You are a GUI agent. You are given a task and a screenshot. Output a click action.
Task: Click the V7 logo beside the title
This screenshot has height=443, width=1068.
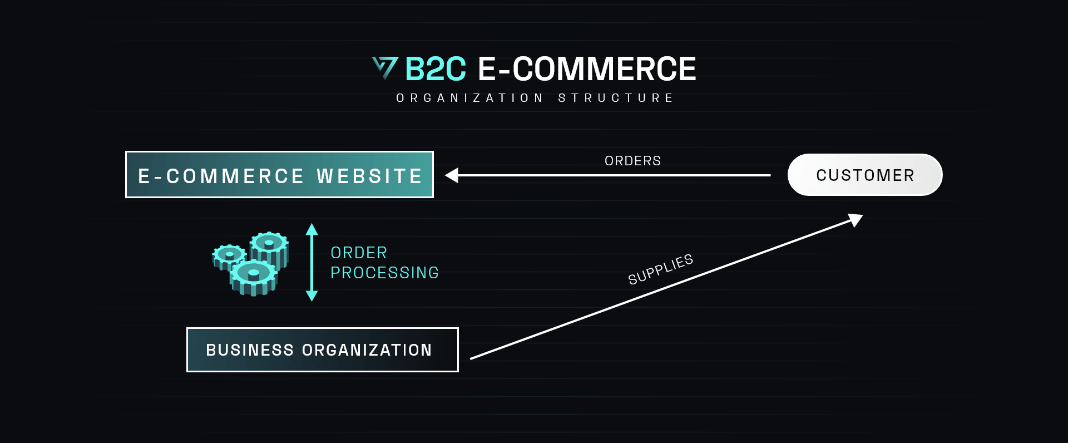(385, 68)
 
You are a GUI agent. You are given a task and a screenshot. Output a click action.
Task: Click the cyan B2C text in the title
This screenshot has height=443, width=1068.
(436, 69)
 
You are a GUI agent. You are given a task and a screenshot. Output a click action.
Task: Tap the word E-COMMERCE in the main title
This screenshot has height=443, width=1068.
(587, 69)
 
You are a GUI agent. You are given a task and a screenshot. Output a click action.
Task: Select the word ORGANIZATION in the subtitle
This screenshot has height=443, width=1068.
(470, 98)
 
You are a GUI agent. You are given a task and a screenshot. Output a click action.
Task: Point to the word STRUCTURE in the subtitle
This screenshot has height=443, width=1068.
(616, 98)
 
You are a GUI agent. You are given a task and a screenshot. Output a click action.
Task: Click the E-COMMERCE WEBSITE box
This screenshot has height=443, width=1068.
(279, 174)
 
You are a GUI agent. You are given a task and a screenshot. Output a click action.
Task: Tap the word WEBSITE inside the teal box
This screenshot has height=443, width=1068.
(369, 176)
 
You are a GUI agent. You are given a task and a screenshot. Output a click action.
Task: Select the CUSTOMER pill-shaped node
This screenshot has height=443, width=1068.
(865, 175)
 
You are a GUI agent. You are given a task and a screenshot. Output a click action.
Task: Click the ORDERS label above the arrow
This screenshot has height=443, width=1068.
(633, 161)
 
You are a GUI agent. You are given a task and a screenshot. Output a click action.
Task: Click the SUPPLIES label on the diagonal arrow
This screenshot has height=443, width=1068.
(661, 269)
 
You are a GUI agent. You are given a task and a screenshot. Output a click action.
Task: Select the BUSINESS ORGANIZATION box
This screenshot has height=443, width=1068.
(323, 350)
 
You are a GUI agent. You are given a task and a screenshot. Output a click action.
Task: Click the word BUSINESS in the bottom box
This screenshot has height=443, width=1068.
(250, 350)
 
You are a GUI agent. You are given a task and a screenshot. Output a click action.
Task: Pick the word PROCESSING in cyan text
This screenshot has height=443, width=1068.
(385, 273)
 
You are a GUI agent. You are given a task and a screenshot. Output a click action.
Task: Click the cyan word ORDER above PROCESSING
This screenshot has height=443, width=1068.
(359, 253)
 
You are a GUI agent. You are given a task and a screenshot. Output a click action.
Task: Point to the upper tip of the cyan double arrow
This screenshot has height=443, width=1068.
(312, 224)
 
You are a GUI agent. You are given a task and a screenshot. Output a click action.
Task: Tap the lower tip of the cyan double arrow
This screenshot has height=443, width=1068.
(312, 301)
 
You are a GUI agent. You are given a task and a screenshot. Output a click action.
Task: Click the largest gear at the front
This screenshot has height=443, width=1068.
(254, 277)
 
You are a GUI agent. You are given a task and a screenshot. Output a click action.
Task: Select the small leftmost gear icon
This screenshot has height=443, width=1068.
(229, 257)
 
